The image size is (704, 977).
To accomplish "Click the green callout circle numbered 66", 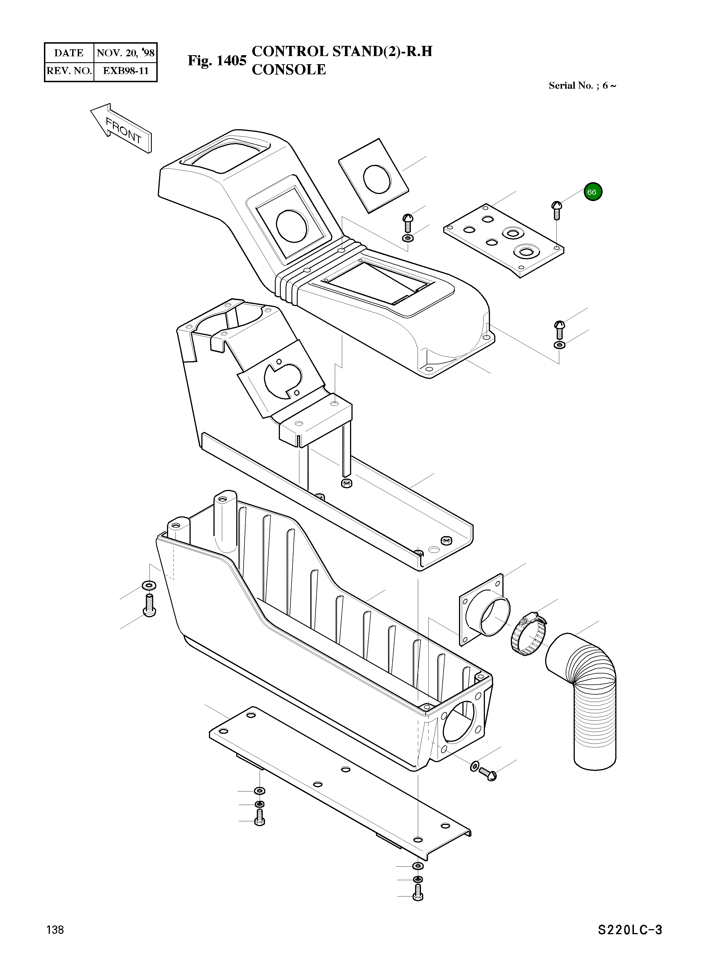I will [593, 192].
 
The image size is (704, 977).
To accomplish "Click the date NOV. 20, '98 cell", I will [125, 53].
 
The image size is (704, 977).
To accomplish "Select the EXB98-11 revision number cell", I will [125, 71].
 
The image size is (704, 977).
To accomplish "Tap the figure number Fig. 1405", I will [217, 61].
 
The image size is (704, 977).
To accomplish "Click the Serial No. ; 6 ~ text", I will [582, 85].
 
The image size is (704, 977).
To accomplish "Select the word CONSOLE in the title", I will [289, 69].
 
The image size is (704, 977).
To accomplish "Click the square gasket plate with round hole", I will [373, 176].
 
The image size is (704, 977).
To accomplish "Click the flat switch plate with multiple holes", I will [504, 240].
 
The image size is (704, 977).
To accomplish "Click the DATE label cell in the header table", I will [69, 53].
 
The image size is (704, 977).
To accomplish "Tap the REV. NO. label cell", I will [69, 71].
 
